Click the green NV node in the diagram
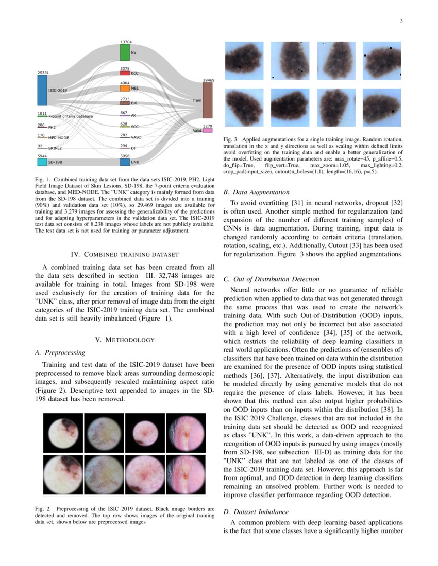click(125, 52)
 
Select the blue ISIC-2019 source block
click(42, 90)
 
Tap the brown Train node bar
click(207, 100)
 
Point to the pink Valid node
click(207, 131)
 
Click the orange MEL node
click(125, 89)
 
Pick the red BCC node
click(125, 73)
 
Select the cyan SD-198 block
click(42, 162)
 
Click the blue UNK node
click(125, 162)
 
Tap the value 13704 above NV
click(126, 42)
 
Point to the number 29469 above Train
click(209, 80)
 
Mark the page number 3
click(401, 21)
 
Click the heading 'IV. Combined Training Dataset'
click(124, 254)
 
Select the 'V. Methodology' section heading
click(124, 340)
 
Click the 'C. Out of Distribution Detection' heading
click(272, 279)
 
